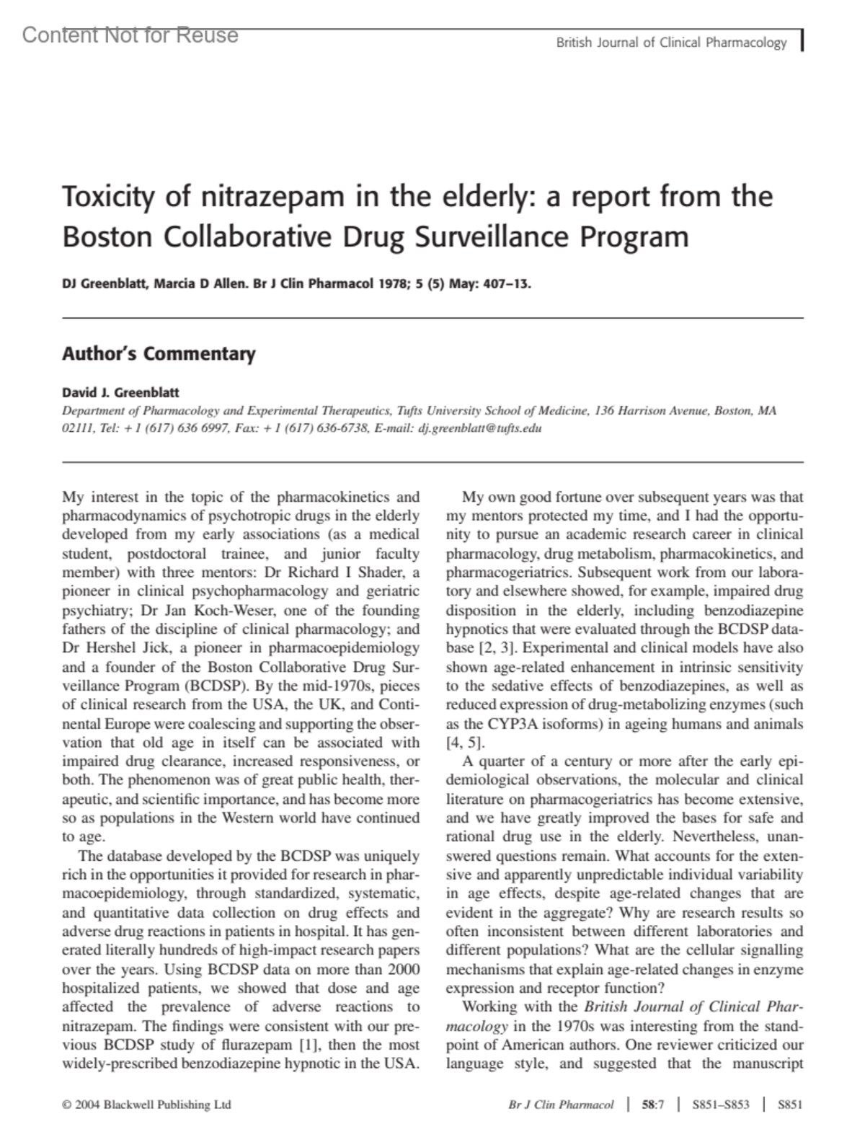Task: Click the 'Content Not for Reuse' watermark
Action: tap(130, 35)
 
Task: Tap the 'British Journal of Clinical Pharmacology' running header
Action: tap(671, 43)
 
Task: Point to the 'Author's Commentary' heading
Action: tap(159, 354)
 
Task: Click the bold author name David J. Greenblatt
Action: tap(120, 393)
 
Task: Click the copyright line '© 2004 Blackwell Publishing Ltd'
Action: tap(147, 1105)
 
